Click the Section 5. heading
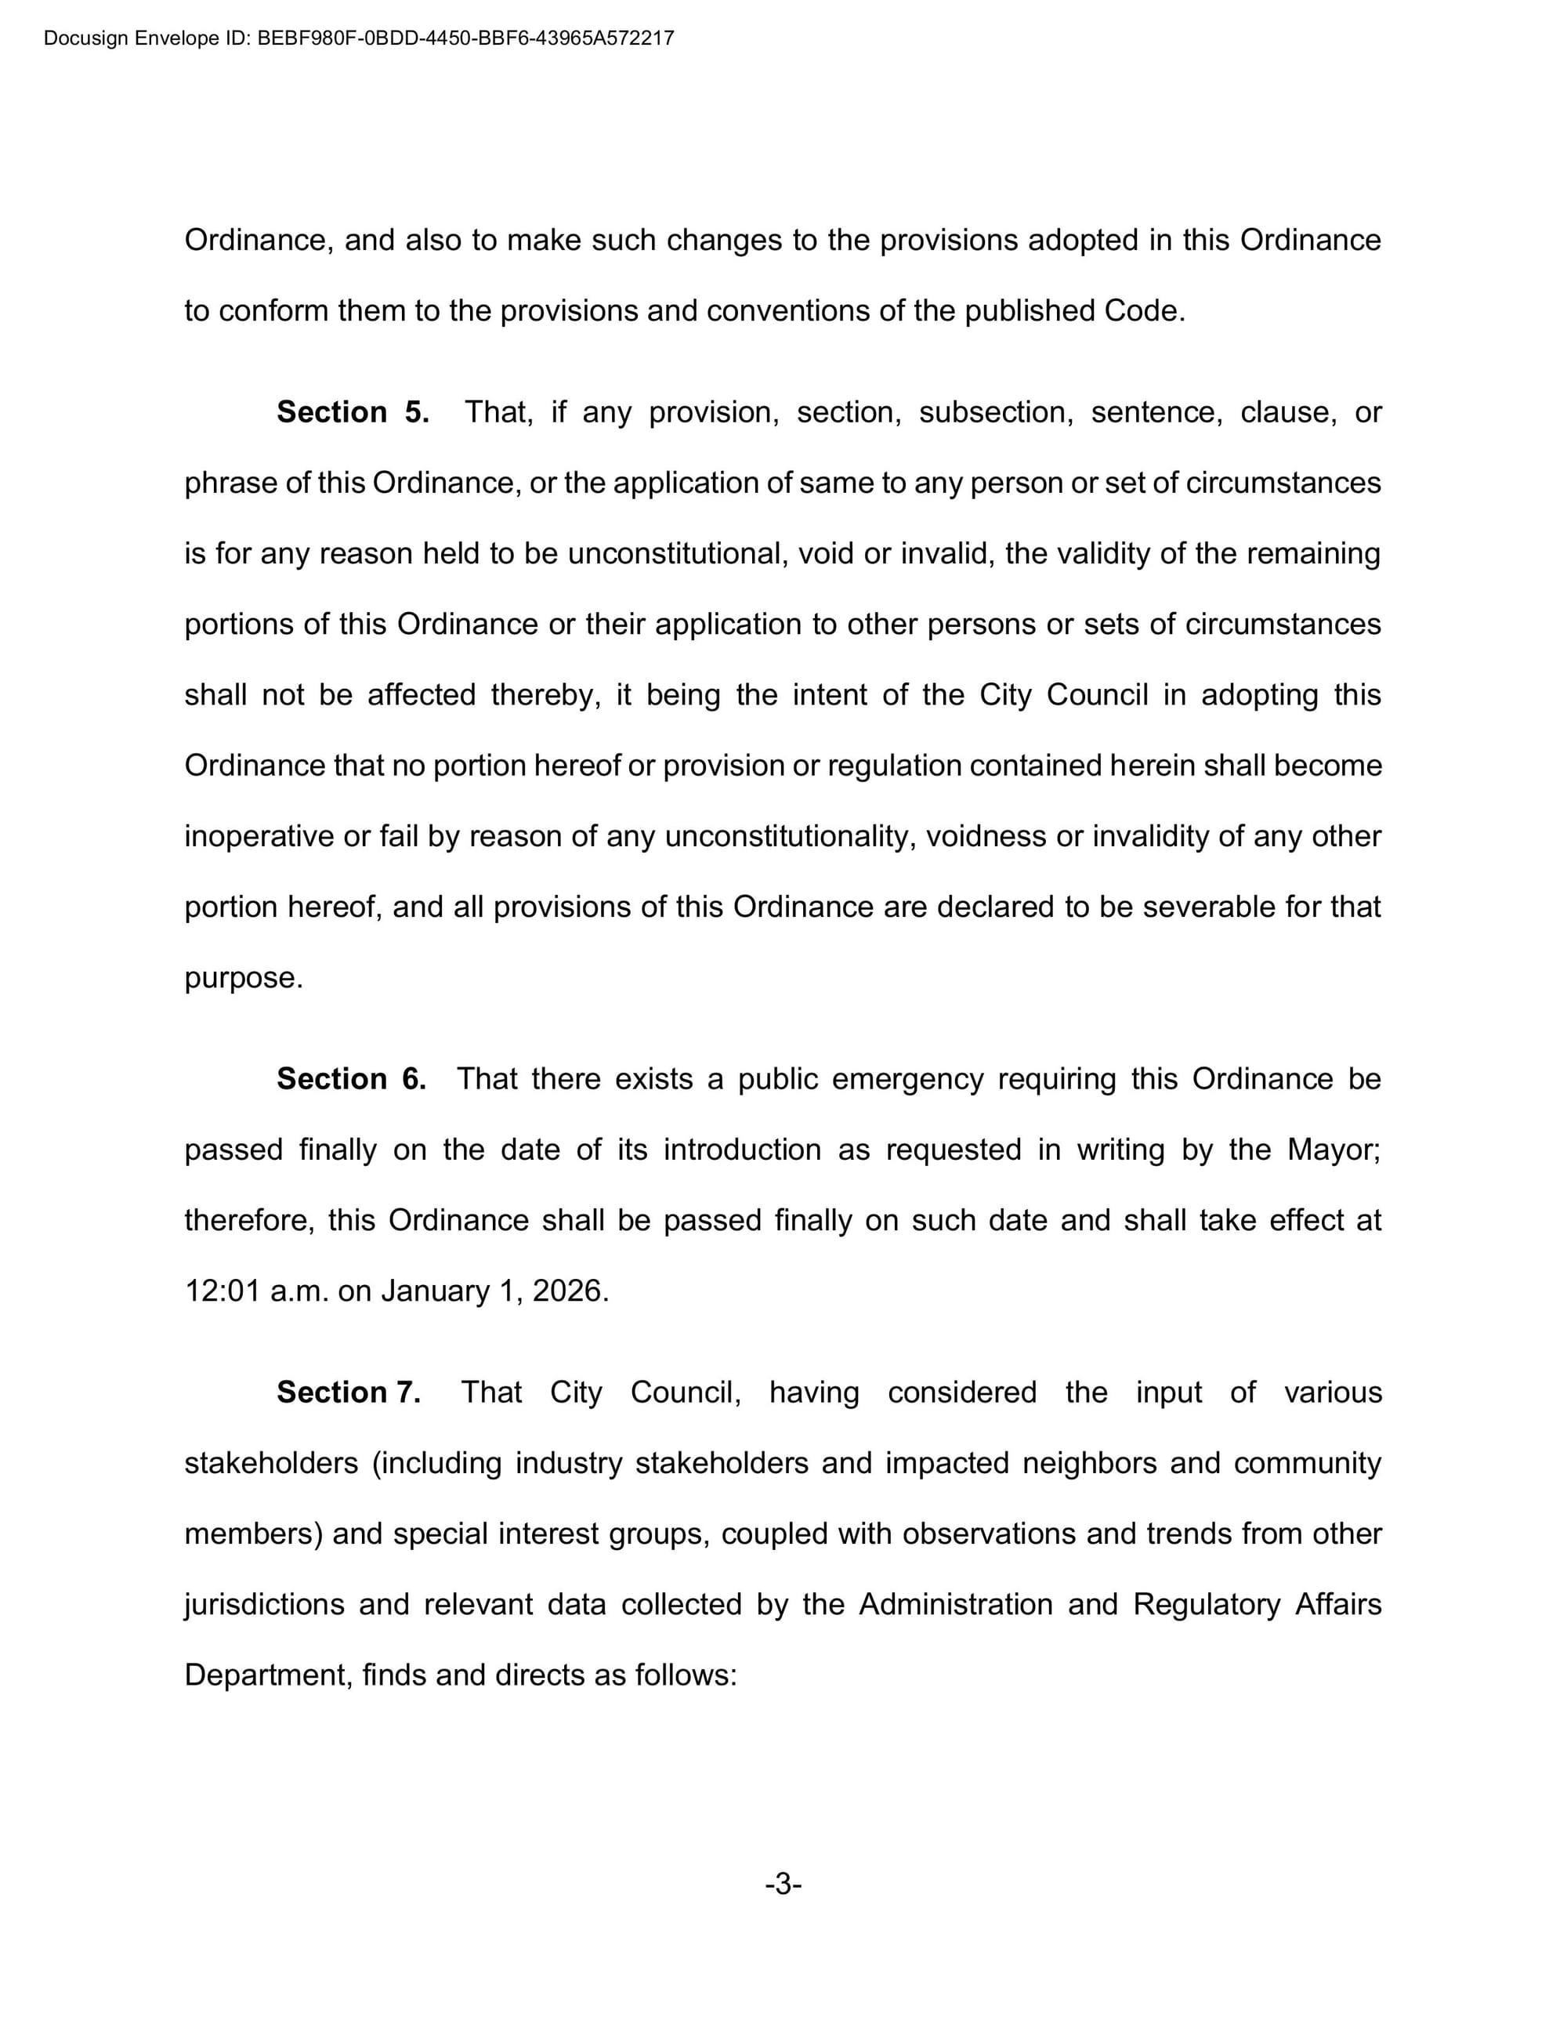[x=353, y=412]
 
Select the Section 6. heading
[x=351, y=1079]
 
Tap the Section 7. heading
[x=348, y=1392]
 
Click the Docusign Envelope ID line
[x=358, y=39]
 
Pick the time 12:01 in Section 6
[x=223, y=1291]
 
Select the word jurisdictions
[x=265, y=1605]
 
